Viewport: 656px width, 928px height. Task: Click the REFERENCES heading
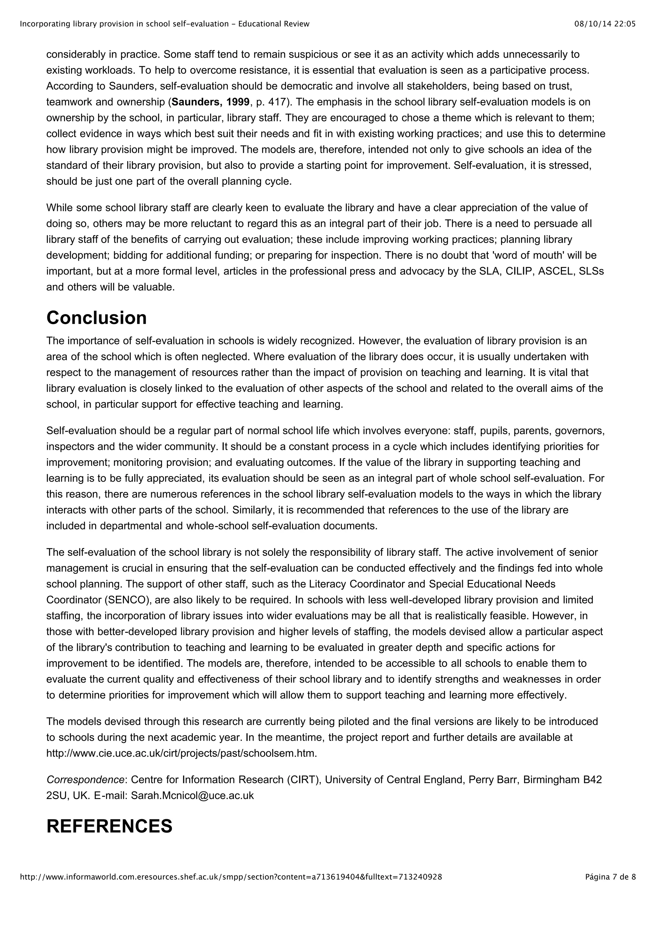[x=109, y=826]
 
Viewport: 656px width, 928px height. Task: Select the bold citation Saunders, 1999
[x=210, y=102]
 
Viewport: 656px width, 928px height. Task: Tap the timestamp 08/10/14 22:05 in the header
[x=605, y=24]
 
